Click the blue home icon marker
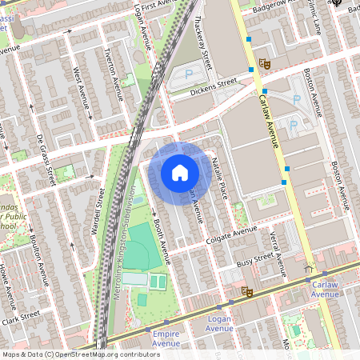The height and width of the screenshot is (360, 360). coord(180,172)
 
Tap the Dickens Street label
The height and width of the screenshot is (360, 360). coord(214,86)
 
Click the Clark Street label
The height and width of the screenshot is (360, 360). coord(20,317)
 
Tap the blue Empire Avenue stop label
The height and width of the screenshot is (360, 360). coord(166,338)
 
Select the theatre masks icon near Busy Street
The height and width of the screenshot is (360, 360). coord(247,293)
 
